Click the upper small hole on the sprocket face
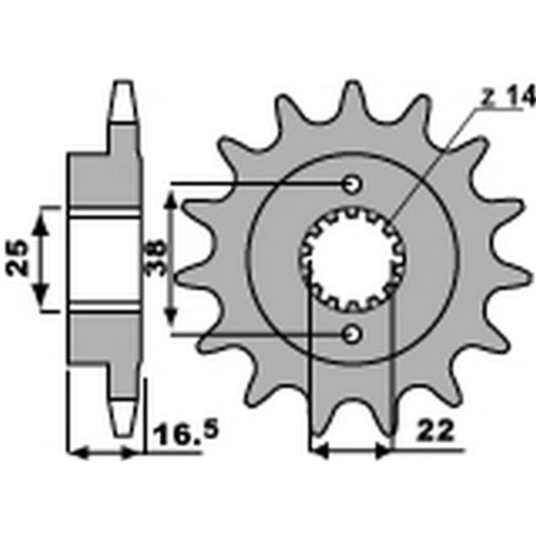pyautogui.click(x=352, y=183)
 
